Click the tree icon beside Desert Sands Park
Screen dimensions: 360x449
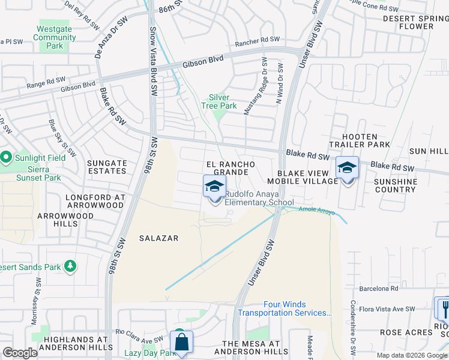coord(70,265)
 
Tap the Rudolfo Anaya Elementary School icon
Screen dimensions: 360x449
coord(214,187)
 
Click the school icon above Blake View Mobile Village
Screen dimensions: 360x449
coord(347,168)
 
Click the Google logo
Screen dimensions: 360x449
coord(20,353)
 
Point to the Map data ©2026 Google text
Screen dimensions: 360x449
coord(411,355)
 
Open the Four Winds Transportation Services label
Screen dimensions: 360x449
coord(285,309)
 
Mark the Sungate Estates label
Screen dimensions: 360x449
coord(107,167)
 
